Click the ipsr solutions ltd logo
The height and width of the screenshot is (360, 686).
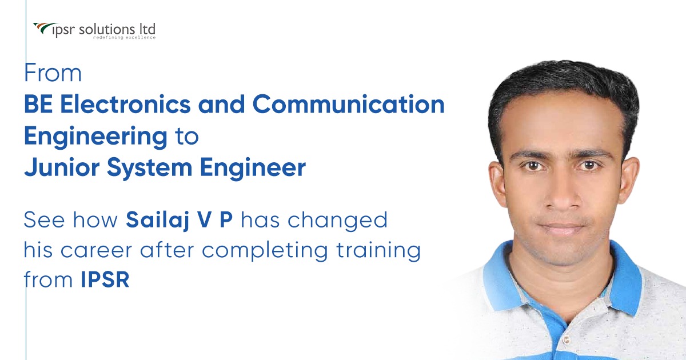tap(94, 31)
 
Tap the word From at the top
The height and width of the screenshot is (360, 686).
tap(53, 73)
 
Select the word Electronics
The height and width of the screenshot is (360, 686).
tap(126, 104)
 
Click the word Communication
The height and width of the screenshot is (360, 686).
tap(349, 104)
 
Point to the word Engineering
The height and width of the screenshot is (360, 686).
tap(96, 137)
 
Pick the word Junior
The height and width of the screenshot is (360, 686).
tap(62, 167)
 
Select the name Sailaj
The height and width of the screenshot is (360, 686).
tap(157, 221)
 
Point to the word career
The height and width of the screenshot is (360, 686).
tap(96, 251)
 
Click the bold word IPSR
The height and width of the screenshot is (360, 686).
tap(105, 279)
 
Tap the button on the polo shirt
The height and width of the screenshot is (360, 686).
tap(567, 340)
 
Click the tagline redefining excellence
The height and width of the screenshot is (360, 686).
tap(125, 38)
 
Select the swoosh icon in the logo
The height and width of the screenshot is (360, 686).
tap(45, 28)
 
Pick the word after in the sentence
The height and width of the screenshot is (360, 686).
tap(167, 250)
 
